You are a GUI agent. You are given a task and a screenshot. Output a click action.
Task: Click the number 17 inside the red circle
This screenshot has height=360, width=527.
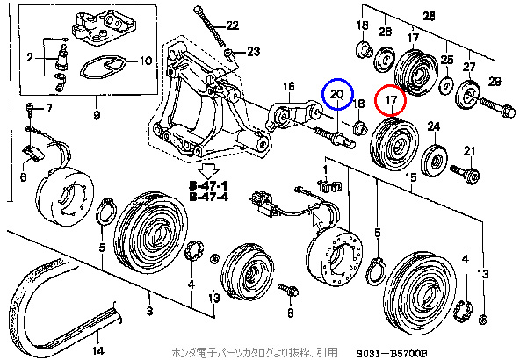click(x=392, y=101)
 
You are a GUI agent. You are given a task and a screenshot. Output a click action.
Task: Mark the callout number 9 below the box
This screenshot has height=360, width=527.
click(x=96, y=115)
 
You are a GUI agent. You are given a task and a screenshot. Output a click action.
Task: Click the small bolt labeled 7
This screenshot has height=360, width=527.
click(x=32, y=110)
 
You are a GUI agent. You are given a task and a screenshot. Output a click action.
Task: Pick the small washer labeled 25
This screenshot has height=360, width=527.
click(x=446, y=86)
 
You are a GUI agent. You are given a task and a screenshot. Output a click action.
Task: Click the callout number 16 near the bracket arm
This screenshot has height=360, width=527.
click(x=286, y=85)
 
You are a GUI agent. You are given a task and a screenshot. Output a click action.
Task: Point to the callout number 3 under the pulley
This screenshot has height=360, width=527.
click(x=148, y=311)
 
